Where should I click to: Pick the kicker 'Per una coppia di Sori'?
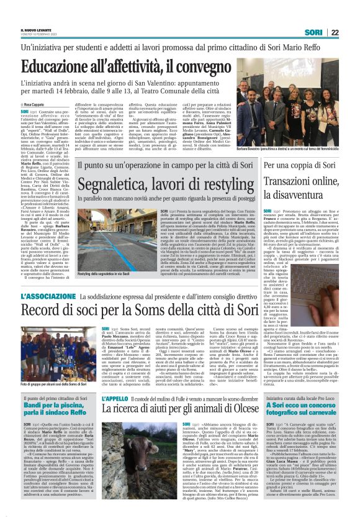click(x=292, y=166)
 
